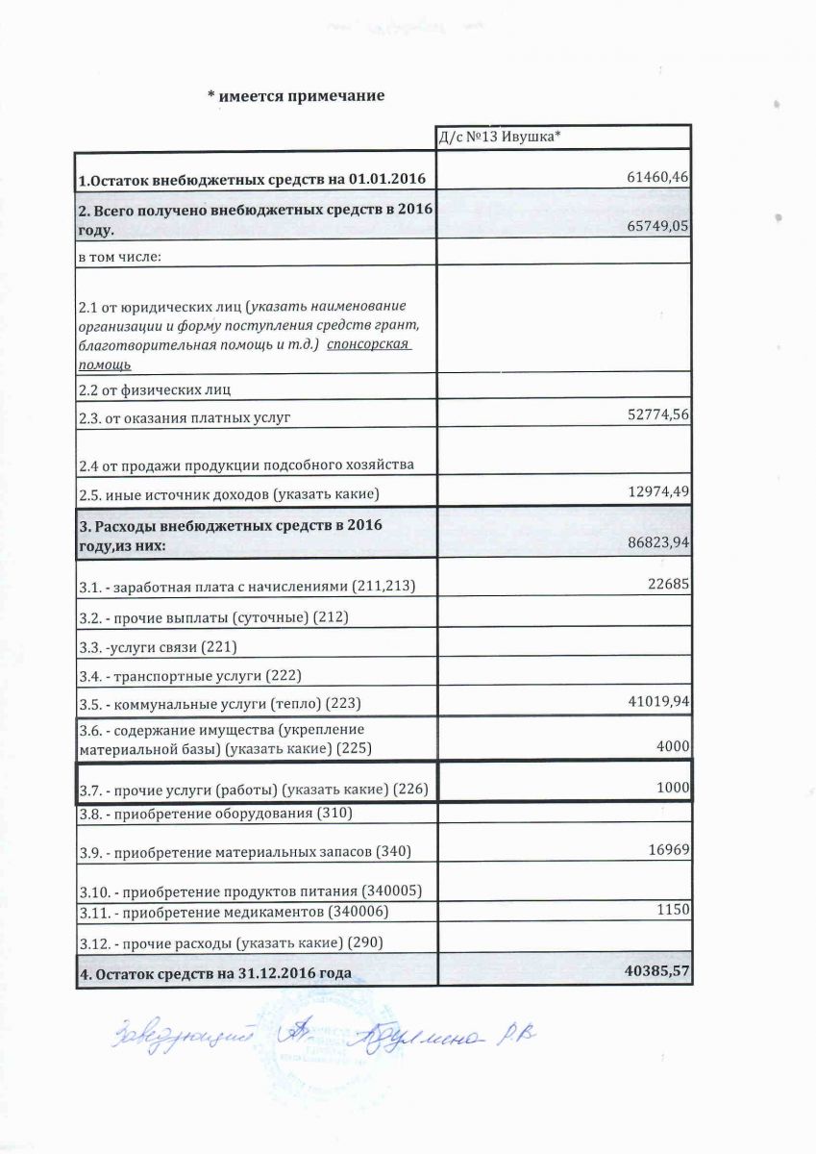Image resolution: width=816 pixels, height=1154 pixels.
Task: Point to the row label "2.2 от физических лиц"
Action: click(155, 389)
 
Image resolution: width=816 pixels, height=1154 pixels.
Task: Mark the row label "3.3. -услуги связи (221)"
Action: click(158, 645)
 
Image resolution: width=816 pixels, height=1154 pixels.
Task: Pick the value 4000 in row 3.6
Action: click(675, 746)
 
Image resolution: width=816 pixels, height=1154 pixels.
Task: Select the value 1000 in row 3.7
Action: click(675, 788)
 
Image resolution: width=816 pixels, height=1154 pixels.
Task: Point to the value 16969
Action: click(671, 850)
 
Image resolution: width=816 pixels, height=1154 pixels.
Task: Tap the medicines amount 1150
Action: click(675, 909)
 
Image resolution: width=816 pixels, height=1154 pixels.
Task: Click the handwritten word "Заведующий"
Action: click(149, 1038)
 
